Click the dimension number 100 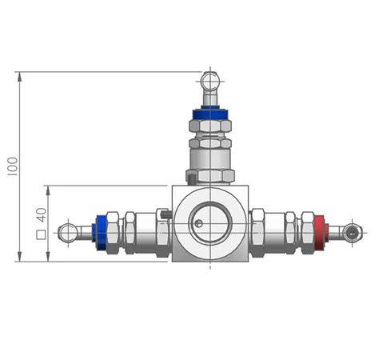11,166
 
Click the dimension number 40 40,215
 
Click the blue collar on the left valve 102,231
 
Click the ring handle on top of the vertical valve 209,81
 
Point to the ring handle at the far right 353,233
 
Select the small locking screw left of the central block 163,214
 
